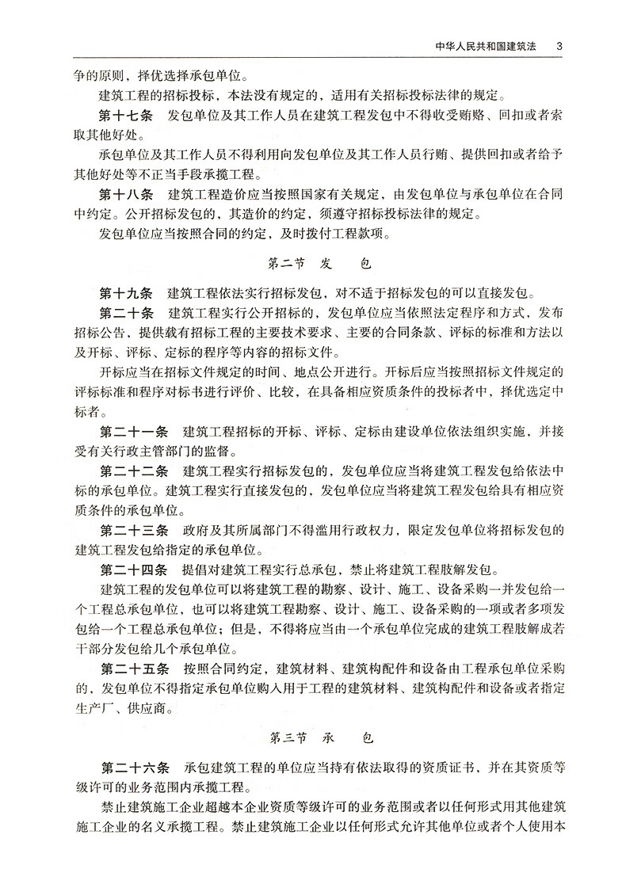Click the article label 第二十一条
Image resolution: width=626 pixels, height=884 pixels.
tap(134, 432)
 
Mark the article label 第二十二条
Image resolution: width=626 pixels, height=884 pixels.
tap(134, 471)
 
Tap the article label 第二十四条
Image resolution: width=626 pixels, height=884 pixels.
tap(134, 570)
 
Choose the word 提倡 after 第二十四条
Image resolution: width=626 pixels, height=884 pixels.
tap(196, 570)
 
